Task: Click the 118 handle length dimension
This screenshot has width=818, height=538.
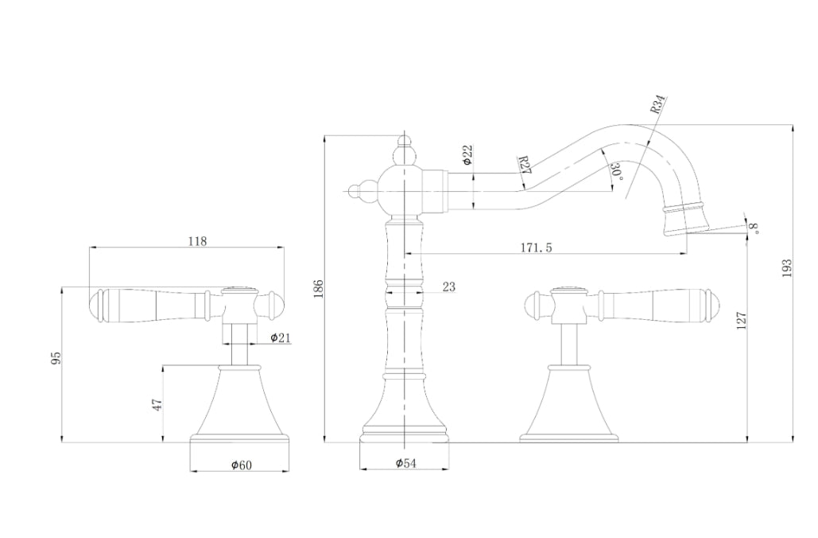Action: pos(197,241)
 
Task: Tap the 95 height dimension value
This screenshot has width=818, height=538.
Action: pos(56,358)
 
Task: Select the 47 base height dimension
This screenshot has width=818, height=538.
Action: pos(157,404)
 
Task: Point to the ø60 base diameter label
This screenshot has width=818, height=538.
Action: pos(242,464)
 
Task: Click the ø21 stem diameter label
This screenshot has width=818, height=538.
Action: pos(280,337)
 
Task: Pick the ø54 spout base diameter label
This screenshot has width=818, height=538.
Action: pos(406,462)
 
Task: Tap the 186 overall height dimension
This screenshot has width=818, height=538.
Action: pos(320,289)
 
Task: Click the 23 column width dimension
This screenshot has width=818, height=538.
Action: pos(448,287)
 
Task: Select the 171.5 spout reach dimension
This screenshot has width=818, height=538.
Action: pos(536,247)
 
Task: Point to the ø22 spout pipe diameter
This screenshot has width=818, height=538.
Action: pos(467,155)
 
